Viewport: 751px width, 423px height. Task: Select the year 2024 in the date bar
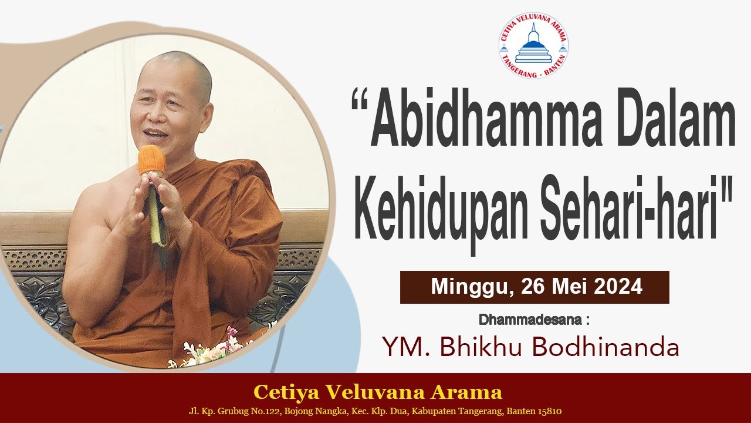coord(618,287)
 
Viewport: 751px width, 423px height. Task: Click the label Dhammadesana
coord(532,320)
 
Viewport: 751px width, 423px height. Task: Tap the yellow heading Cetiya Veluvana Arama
coord(377,392)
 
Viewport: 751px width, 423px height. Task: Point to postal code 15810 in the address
coord(550,411)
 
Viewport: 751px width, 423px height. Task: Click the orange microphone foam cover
coord(151,159)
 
